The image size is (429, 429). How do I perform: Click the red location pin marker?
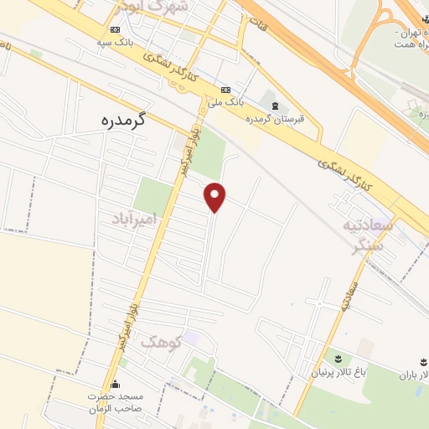(x=215, y=196)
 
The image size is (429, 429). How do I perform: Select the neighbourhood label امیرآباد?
(x=136, y=219)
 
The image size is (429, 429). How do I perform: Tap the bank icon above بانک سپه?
(x=115, y=29)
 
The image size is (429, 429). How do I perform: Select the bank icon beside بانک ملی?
(x=225, y=90)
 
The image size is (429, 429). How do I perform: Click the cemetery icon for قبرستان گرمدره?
(x=275, y=105)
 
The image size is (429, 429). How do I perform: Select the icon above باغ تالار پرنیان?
(x=339, y=358)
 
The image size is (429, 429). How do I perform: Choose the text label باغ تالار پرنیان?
(x=339, y=371)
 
